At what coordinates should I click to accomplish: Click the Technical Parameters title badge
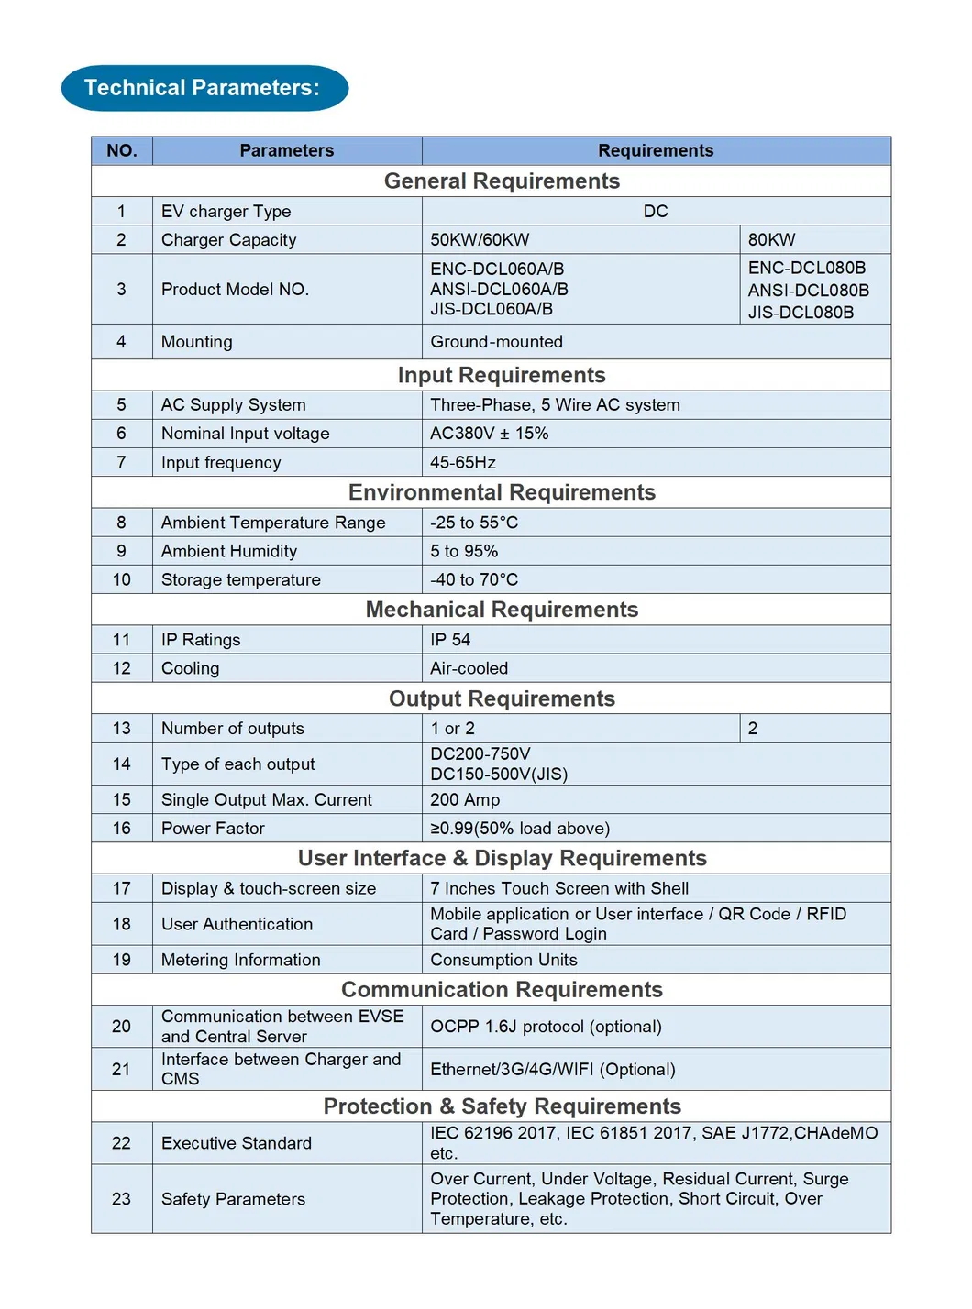click(x=204, y=88)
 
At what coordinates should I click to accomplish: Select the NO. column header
click(x=122, y=150)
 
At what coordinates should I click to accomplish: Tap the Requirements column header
click(x=656, y=150)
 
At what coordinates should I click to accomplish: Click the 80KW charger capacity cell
click(x=772, y=240)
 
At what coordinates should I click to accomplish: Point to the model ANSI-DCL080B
click(x=808, y=290)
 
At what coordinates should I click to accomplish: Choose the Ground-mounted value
click(x=496, y=342)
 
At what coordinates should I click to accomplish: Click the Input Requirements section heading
click(x=502, y=375)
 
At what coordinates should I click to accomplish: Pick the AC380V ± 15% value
click(x=489, y=434)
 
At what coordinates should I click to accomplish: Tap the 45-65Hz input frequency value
click(x=463, y=463)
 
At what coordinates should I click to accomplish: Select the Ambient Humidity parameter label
click(x=229, y=551)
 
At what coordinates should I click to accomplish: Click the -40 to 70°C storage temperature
click(x=474, y=579)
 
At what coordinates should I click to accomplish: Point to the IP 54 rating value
click(x=450, y=640)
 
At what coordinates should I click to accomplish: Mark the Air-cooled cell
click(x=469, y=668)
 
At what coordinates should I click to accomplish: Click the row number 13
click(x=122, y=729)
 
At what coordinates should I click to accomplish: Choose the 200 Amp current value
click(x=465, y=799)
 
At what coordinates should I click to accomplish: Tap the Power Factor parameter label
click(x=213, y=829)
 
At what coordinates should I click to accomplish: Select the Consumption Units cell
click(x=503, y=960)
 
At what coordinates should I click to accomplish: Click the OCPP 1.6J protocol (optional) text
click(x=546, y=1027)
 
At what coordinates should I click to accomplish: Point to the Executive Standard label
click(x=237, y=1143)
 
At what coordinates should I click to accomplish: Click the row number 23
click(x=122, y=1199)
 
